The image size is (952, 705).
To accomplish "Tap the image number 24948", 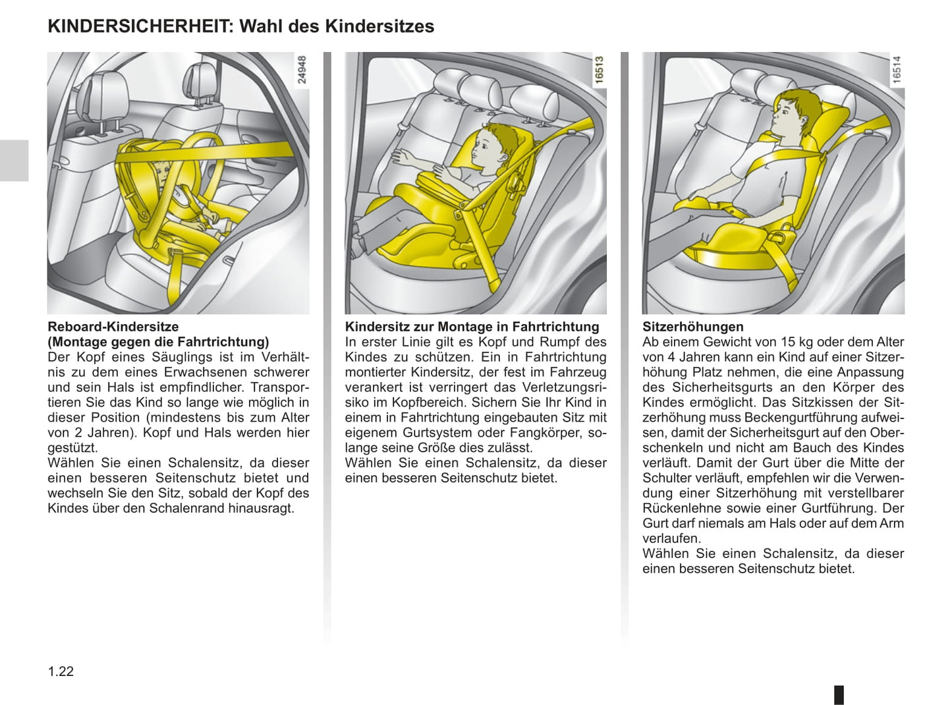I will [302, 69].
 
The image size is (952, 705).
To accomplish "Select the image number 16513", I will [599, 69].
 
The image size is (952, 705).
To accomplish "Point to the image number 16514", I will [897, 69].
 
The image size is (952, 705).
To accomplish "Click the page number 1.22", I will [61, 671].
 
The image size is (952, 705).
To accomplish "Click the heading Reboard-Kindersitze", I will [113, 327].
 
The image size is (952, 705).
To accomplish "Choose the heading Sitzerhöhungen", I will [692, 327].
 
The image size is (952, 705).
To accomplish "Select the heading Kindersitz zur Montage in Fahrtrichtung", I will [472, 327].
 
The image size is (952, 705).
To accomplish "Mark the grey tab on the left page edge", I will [14, 160].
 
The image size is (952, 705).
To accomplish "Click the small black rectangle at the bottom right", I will [839, 694].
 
